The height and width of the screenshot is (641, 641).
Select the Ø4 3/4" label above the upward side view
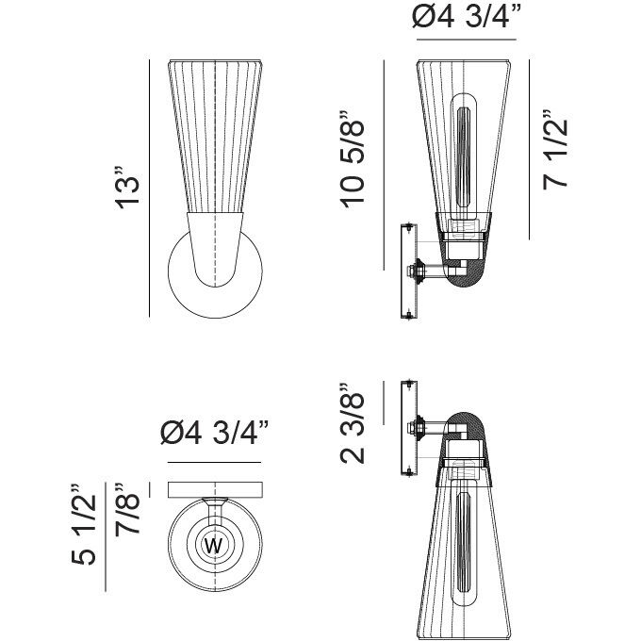pos(467,20)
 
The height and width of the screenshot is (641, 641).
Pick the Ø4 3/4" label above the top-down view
pos(215,435)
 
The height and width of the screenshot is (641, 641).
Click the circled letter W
pos(213,545)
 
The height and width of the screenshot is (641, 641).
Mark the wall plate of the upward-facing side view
pos(408,270)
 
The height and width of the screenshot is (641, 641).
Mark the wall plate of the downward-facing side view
pos(408,427)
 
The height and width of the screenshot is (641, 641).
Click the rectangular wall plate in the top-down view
pos(215,489)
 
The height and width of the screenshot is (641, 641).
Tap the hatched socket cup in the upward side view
pos(466,273)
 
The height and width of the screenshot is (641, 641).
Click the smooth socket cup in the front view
pos(216,247)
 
